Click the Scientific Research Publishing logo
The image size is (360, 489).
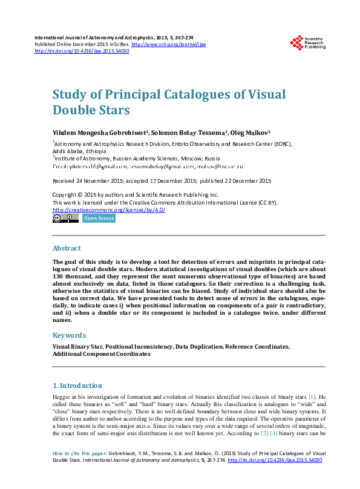(307, 42)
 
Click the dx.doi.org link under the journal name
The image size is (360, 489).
(82, 51)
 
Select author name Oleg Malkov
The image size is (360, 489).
(250, 133)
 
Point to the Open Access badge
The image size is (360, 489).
(99, 218)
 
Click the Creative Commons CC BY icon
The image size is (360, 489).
(65, 218)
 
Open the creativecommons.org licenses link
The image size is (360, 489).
(109, 209)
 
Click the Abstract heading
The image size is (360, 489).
(67, 248)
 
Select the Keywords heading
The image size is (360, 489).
(69, 335)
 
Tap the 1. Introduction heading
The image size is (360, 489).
(77, 386)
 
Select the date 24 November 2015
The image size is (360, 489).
(98, 180)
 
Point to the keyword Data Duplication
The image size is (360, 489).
(199, 347)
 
